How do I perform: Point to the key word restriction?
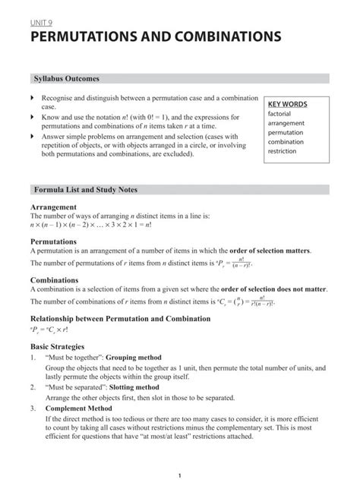point(283,151)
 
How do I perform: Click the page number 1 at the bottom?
point(178,476)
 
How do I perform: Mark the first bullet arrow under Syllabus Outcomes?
point(32,99)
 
